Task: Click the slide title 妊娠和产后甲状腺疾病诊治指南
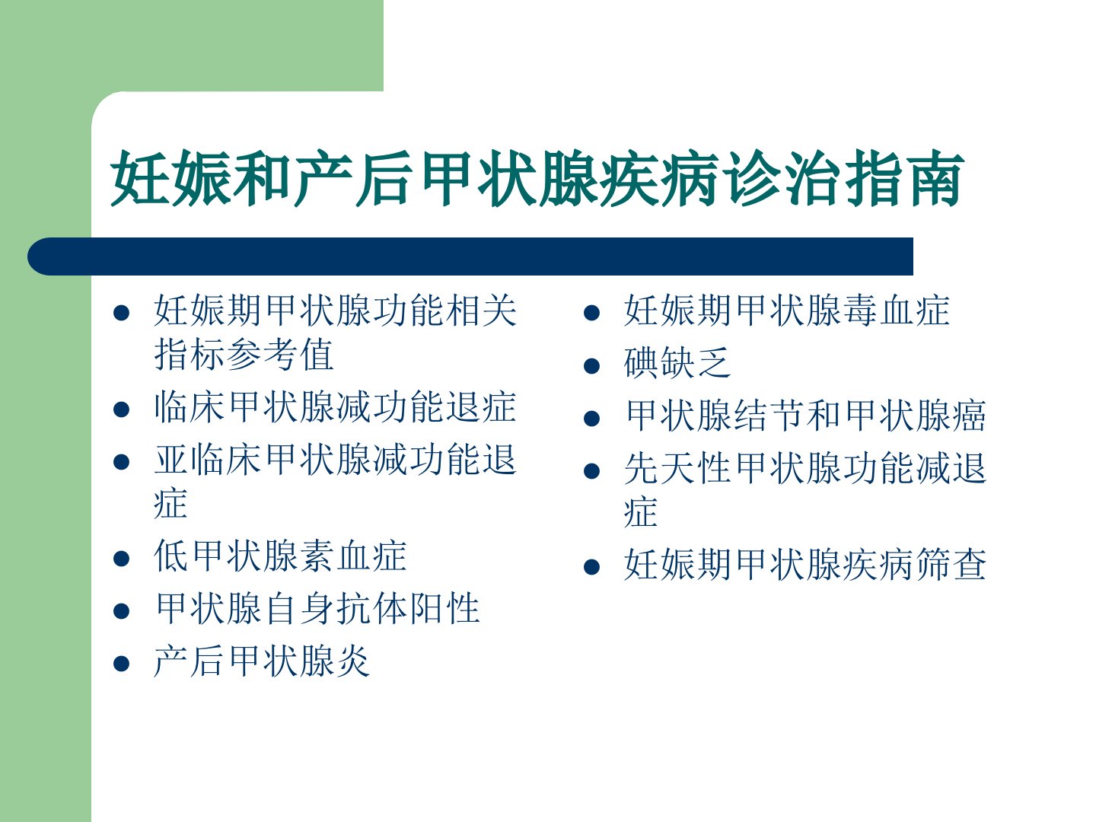coord(537,178)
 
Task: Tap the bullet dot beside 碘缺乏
coord(591,366)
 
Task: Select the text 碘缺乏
coord(677,363)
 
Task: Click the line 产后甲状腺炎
coord(262,661)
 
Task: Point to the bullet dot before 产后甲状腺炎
coord(121,664)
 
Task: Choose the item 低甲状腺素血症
coord(280,556)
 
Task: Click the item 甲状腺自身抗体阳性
coord(317,608)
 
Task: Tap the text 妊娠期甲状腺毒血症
coord(786,310)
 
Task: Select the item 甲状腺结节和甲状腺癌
coord(806,416)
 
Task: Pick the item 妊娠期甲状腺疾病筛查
coord(805,564)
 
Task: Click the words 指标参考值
coord(244,355)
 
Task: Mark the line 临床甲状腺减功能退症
coord(335,406)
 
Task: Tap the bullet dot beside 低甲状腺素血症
coord(121,559)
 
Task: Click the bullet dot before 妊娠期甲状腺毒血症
coord(591,313)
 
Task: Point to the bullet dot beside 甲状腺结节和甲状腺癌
coord(591,419)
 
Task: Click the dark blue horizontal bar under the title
coord(470,256)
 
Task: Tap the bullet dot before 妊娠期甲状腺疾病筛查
coord(591,567)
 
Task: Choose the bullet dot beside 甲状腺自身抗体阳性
coord(121,611)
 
